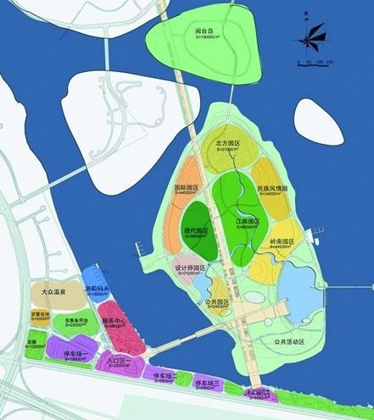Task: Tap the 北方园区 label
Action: (230, 144)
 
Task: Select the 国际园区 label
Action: (187, 187)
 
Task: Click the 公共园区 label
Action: (218, 301)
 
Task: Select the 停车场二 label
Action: (164, 374)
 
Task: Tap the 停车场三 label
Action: (210, 384)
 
